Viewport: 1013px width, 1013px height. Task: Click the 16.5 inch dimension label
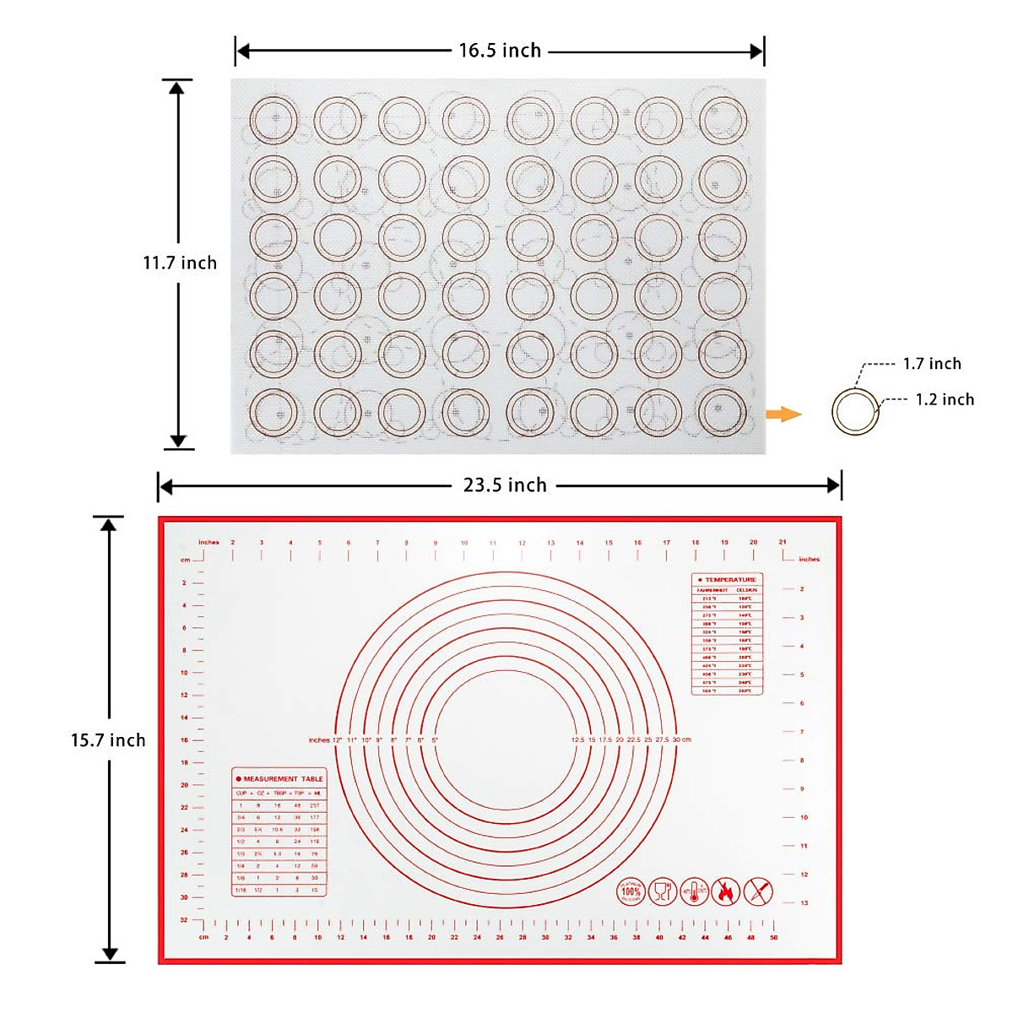pos(500,51)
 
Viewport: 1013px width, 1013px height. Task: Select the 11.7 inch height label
pos(179,263)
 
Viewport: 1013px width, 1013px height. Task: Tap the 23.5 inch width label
pos(505,485)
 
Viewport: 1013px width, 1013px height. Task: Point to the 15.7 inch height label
pos(108,740)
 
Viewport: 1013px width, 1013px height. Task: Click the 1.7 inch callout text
pos(932,364)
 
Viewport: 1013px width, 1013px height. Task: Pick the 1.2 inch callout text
pos(945,399)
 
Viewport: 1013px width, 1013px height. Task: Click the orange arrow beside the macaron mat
pos(783,414)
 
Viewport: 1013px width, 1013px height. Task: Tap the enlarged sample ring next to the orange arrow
pos(855,413)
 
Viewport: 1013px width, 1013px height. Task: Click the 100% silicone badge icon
pos(631,891)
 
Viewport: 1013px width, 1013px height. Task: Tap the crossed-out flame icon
pos(726,891)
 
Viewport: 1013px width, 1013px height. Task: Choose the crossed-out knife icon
pos(758,891)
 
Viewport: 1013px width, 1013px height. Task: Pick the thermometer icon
pos(694,891)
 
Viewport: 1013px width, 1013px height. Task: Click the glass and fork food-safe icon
pos(663,891)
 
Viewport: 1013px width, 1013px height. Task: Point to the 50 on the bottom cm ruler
pos(773,937)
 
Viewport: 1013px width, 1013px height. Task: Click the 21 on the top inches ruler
pos(783,543)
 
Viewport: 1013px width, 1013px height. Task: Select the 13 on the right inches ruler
pos(804,902)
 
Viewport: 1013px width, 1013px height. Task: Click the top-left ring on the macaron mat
pos(274,121)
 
